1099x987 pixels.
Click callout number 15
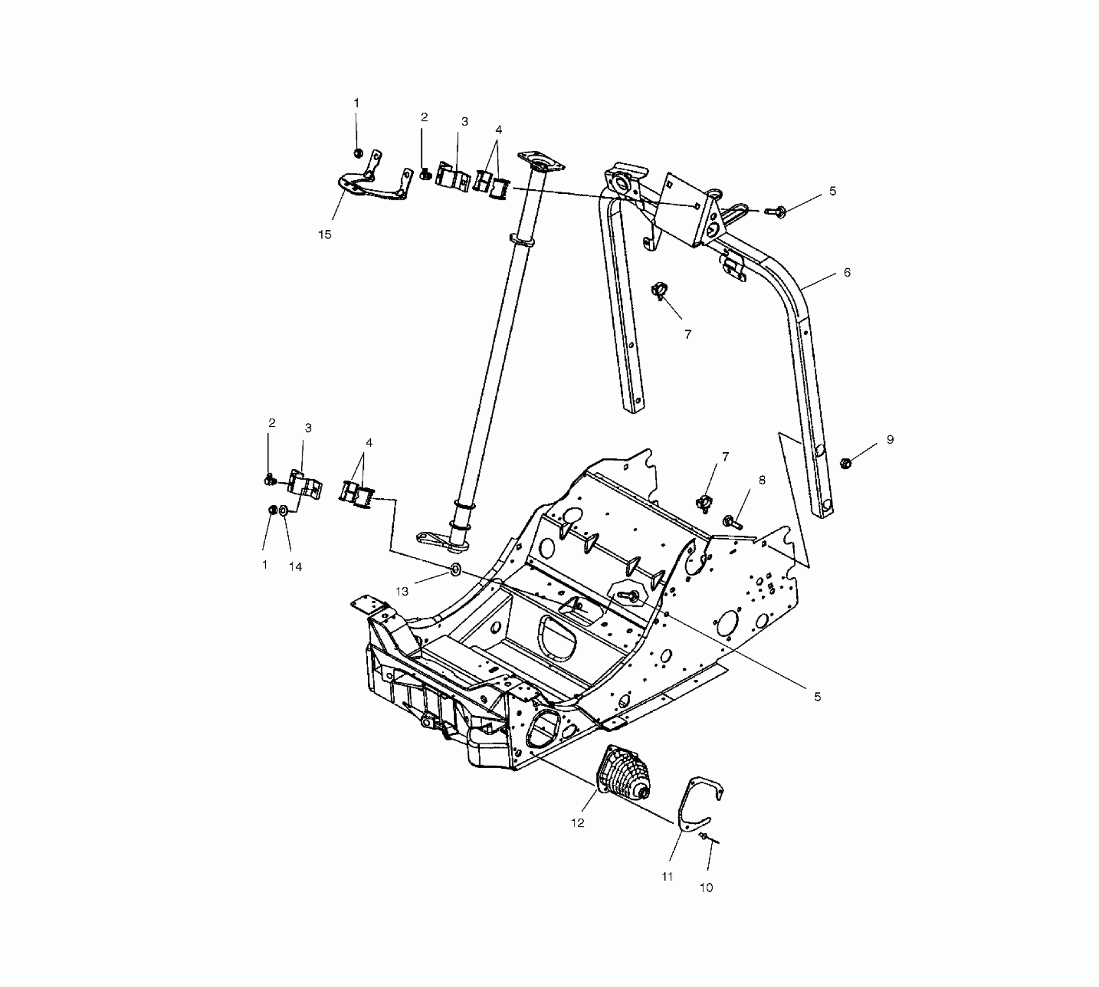324,235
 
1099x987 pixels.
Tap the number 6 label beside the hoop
847,272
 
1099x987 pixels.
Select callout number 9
890,440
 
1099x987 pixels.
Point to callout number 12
577,823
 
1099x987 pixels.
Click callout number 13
402,592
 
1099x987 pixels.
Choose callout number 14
295,567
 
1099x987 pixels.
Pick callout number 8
762,480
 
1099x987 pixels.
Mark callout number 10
706,888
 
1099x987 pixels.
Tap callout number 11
667,877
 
